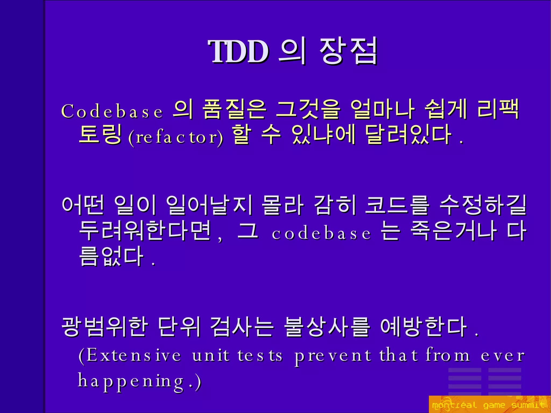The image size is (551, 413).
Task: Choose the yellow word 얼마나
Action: click(382, 110)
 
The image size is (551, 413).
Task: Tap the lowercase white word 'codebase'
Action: click(321, 233)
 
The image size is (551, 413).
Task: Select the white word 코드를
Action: click(397, 206)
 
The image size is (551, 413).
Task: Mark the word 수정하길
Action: click(483, 206)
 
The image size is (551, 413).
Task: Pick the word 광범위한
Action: click(105, 327)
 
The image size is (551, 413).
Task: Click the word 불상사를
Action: click(327, 327)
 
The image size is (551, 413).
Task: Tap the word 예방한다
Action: click(424, 327)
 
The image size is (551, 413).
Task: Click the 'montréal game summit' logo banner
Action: click(489, 404)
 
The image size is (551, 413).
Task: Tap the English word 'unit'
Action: click(211, 355)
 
